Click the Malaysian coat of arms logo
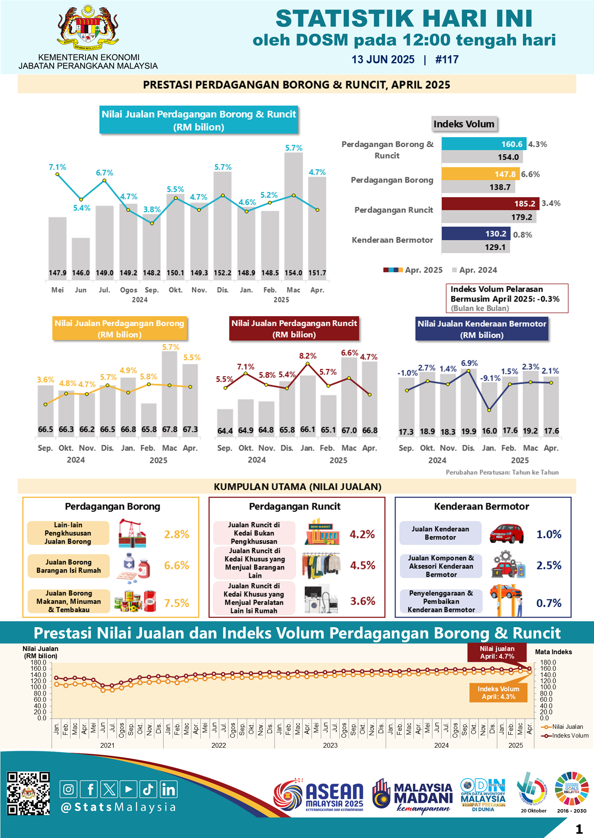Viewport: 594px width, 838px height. pyautogui.click(x=88, y=27)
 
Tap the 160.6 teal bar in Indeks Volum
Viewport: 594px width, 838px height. pyautogui.click(x=484, y=144)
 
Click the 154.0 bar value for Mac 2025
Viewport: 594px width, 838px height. pyautogui.click(x=293, y=273)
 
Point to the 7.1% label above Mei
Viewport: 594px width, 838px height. pyautogui.click(x=57, y=167)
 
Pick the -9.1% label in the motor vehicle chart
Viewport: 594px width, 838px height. pyautogui.click(x=490, y=378)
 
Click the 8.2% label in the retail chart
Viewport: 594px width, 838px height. pyautogui.click(x=307, y=356)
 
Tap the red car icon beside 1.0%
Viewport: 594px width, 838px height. pyautogui.click(x=507, y=534)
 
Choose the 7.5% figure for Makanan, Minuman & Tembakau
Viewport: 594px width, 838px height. pyautogui.click(x=177, y=603)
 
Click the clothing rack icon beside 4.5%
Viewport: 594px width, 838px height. pyautogui.click(x=321, y=565)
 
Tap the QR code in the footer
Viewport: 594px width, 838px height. pyautogui.click(x=28, y=794)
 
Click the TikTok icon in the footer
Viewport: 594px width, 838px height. pyautogui.click(x=148, y=789)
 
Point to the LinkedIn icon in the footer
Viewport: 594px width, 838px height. pyautogui.click(x=168, y=789)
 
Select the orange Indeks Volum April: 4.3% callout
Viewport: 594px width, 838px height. pyautogui.click(x=498, y=692)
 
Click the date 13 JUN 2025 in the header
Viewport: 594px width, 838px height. pyautogui.click(x=383, y=60)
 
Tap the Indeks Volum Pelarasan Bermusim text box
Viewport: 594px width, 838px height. pyautogui.click(x=507, y=298)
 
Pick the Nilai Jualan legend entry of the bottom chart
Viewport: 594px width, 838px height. pyautogui.click(x=564, y=726)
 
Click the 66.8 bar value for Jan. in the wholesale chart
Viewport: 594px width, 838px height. pyautogui.click(x=128, y=429)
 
